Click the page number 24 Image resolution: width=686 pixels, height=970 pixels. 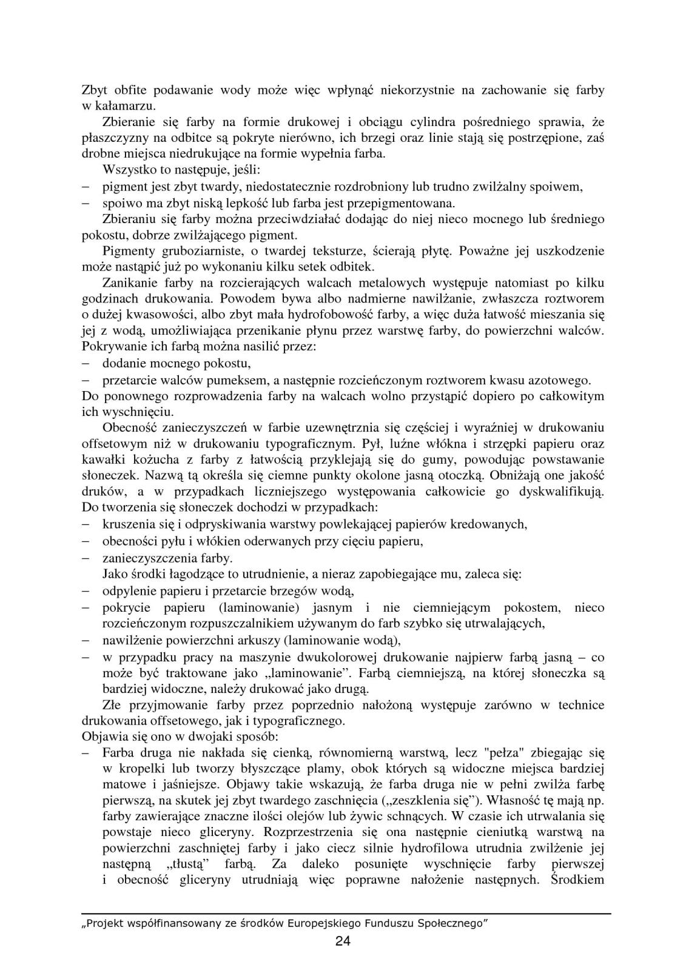pos(343,941)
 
